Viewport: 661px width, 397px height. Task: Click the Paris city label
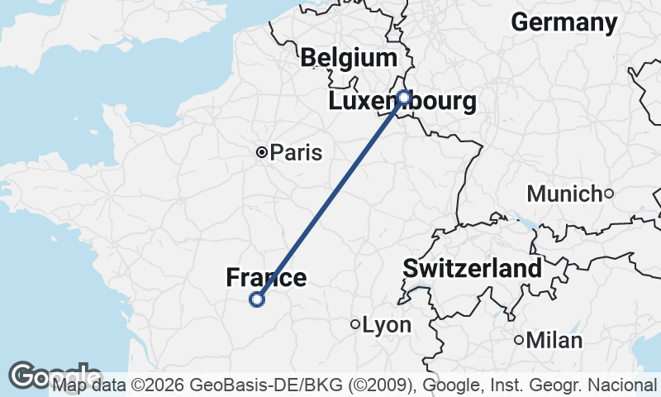pyautogui.click(x=296, y=152)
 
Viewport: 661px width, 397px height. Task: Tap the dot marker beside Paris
pyautogui.click(x=262, y=152)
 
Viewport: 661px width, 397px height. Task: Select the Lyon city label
pyautogui.click(x=387, y=325)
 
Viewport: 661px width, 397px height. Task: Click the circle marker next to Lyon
pyautogui.click(x=355, y=325)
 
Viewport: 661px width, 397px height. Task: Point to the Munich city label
pyautogui.click(x=564, y=194)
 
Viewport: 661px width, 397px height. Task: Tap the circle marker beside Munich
pyautogui.click(x=609, y=194)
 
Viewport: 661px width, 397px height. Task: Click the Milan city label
pyautogui.click(x=554, y=340)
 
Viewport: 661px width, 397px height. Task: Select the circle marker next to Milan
pyautogui.click(x=519, y=340)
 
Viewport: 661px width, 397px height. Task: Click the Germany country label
pyautogui.click(x=564, y=22)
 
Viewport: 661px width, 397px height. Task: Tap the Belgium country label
pyautogui.click(x=349, y=58)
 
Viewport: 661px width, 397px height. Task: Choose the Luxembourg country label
pyautogui.click(x=402, y=103)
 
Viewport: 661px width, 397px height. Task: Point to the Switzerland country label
pyautogui.click(x=473, y=268)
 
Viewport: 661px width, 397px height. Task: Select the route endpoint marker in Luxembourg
pyautogui.click(x=404, y=98)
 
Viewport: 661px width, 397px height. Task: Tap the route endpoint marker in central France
pyautogui.click(x=257, y=299)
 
